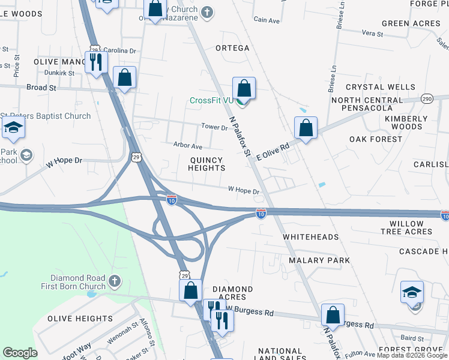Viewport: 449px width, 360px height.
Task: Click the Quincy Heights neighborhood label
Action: click(x=206, y=164)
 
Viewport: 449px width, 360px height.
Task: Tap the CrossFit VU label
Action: click(x=211, y=100)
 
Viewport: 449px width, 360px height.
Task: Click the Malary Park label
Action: click(x=319, y=260)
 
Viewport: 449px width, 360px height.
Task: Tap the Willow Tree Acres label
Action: click(x=406, y=227)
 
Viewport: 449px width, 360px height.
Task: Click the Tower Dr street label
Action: click(x=214, y=127)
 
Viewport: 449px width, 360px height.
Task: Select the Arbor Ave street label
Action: click(x=188, y=146)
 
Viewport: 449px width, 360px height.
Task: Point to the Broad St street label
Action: click(x=41, y=88)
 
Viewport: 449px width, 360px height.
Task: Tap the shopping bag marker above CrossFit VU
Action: click(x=244, y=88)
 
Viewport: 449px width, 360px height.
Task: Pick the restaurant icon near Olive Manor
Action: click(x=96, y=62)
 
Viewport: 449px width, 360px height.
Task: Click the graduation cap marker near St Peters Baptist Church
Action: click(x=13, y=128)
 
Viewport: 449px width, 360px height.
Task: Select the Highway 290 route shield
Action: click(x=427, y=98)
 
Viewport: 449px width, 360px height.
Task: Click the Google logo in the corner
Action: click(x=20, y=353)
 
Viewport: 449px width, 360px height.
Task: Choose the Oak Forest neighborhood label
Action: click(x=376, y=139)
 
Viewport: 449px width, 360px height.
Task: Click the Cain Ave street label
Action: click(x=267, y=20)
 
